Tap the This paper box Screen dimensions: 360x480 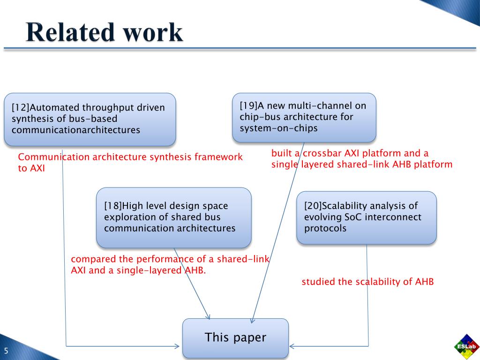click(235, 337)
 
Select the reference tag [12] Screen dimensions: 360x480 click(21, 108)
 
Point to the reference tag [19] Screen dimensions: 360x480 click(248, 105)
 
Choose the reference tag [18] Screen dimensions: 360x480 click(113, 206)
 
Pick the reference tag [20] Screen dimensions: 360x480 click(313, 206)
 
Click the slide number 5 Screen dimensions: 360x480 click(7, 351)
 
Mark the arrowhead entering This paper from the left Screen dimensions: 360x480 click(177, 346)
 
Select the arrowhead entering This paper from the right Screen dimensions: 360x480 click(292, 346)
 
